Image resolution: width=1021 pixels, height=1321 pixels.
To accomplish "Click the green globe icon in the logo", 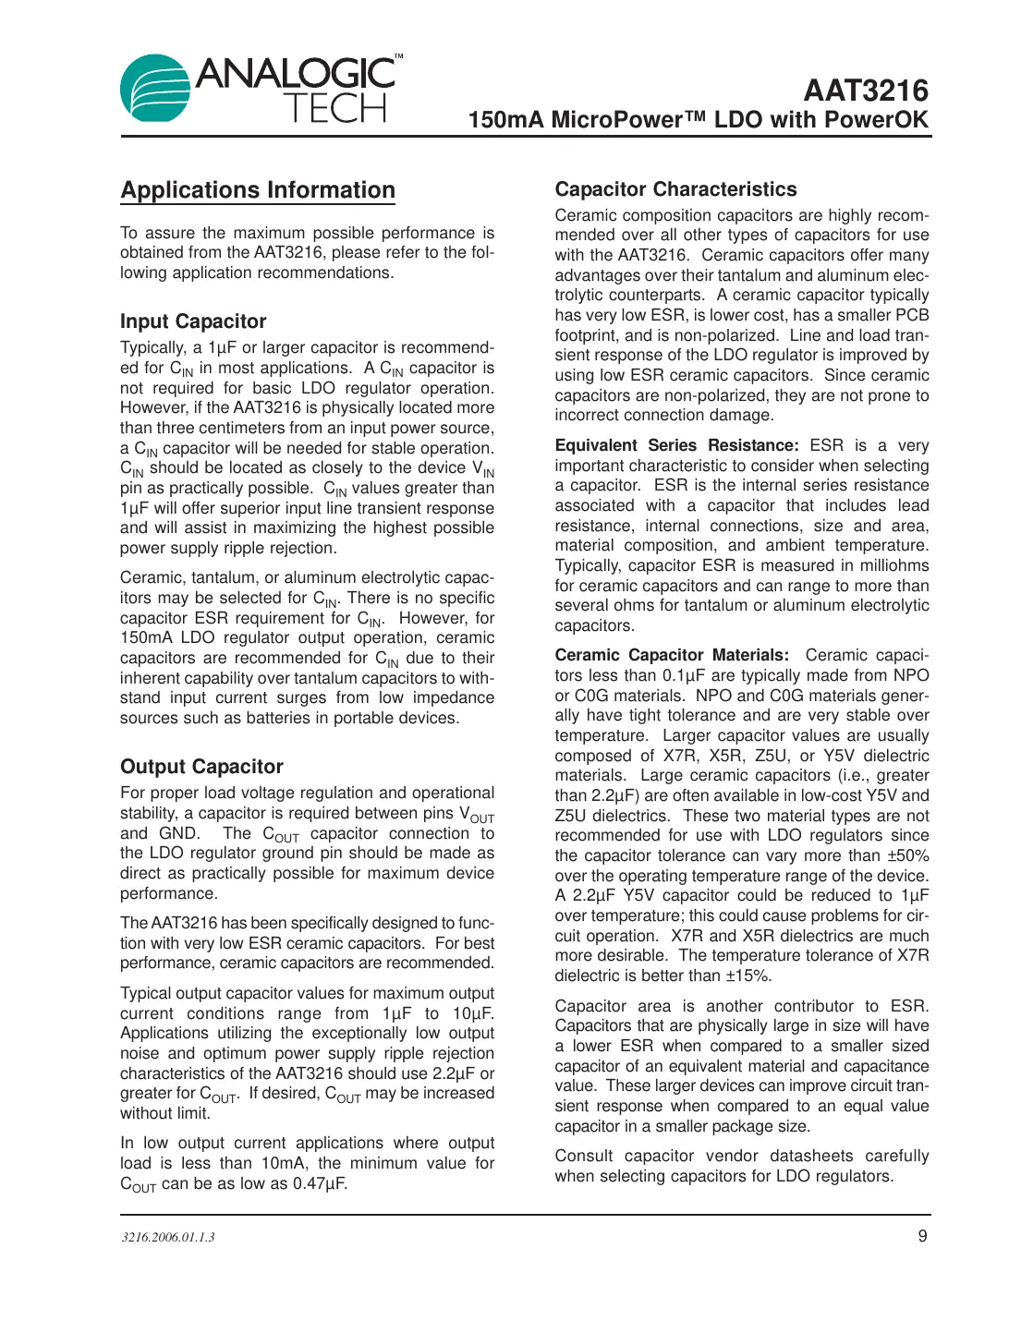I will point(154,90).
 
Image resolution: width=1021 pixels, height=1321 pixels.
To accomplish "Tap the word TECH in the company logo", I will point(334,109).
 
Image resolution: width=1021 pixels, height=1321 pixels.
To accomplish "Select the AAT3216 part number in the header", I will point(866,91).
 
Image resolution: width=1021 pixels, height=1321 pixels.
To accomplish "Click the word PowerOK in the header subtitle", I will point(876,120).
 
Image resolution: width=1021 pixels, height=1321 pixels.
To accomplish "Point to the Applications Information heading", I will point(258,190).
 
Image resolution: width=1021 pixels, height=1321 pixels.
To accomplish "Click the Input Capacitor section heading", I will point(193,321).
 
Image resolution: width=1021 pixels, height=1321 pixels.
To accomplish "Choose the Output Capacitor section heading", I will point(201,767).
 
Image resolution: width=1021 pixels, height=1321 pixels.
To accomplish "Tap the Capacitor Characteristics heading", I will point(675,189).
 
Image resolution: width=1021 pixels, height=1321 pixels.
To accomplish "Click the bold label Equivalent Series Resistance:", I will point(676,445).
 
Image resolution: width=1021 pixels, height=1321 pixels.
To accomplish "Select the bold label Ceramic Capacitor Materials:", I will point(672,655).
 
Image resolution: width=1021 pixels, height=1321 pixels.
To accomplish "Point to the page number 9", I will point(922,1236).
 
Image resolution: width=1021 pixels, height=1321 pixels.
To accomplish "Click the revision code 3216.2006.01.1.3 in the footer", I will point(167,1237).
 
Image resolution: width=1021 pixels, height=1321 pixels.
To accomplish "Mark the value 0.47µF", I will point(320,1183).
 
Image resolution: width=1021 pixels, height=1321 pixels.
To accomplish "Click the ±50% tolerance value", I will point(907,855).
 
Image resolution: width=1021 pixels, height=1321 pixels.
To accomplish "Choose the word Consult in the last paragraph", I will point(584,1156).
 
